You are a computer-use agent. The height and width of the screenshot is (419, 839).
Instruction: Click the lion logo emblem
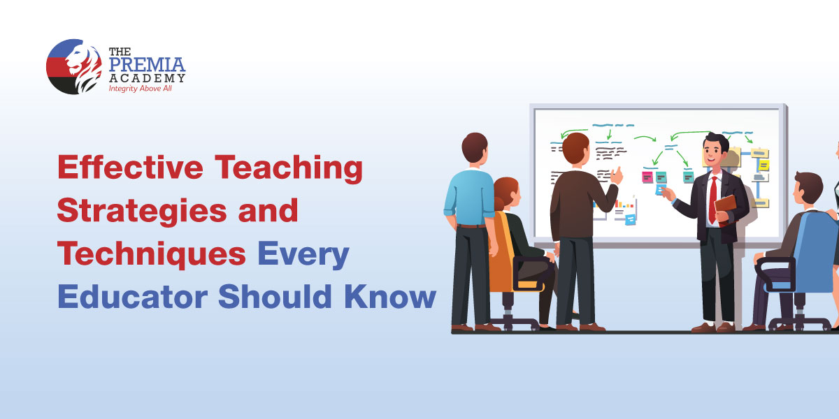click(x=73, y=66)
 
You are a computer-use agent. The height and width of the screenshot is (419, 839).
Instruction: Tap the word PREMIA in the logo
click(x=147, y=64)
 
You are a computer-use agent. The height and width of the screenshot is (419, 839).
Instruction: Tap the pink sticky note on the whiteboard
click(x=647, y=177)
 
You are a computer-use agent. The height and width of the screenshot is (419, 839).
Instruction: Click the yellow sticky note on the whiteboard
click(x=763, y=165)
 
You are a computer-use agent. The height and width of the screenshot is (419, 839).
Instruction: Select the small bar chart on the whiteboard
click(x=625, y=205)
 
